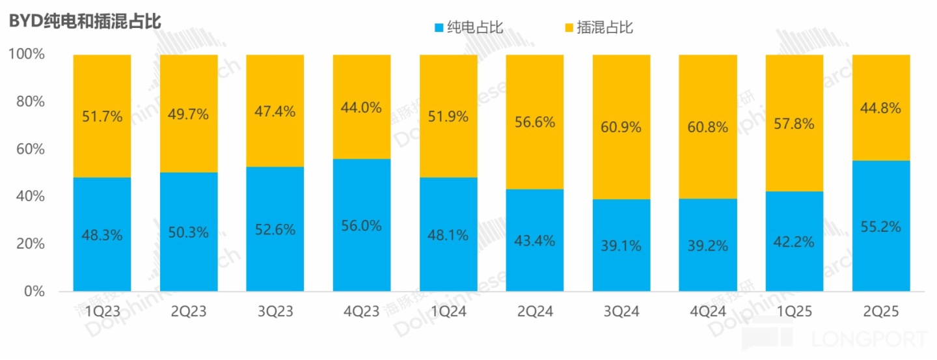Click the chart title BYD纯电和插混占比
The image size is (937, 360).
point(85,21)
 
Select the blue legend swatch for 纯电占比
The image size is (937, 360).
point(438,27)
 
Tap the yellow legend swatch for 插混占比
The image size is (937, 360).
point(568,27)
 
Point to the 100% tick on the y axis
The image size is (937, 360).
point(27,55)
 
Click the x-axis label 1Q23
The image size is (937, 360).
point(102,312)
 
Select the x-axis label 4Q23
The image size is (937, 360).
point(362,312)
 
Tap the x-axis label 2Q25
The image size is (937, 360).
point(881,312)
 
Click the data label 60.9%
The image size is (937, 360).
point(621,127)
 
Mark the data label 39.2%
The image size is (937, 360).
point(708,245)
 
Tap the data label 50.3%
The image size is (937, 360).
point(189,232)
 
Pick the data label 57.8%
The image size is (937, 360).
point(794,124)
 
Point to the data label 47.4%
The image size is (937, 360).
point(275,111)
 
